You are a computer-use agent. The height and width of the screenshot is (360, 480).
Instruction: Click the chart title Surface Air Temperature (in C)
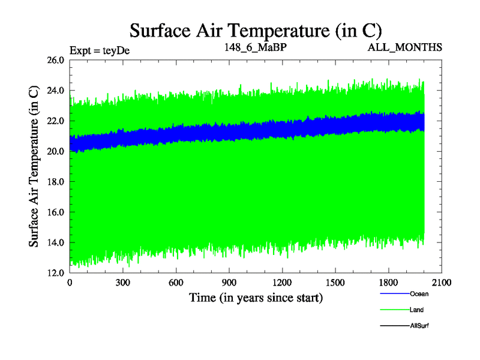point(256,30)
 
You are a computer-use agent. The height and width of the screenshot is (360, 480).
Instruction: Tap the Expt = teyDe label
point(100,50)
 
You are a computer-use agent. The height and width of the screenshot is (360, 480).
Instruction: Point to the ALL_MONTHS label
point(406,47)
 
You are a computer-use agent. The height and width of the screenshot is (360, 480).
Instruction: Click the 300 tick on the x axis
point(123,283)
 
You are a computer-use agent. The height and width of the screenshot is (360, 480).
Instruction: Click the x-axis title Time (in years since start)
point(256,298)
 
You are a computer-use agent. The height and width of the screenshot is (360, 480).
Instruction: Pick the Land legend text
point(417,310)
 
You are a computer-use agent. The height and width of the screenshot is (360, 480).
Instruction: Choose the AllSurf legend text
point(419,325)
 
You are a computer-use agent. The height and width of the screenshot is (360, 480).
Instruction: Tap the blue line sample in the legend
point(394,294)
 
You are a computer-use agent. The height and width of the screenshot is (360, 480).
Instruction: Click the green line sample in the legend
point(394,310)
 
